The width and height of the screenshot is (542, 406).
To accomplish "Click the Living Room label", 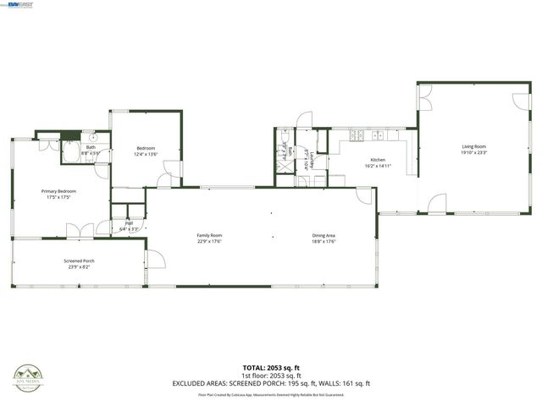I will tap(473, 146).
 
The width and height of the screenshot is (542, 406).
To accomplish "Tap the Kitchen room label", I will tap(378, 160).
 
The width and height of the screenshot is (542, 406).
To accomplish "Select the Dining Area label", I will tap(324, 236).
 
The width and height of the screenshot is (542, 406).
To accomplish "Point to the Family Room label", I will tap(209, 236).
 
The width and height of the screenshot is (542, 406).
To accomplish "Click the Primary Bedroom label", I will tap(59, 191).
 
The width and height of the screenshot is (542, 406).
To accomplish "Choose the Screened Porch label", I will tap(79, 261).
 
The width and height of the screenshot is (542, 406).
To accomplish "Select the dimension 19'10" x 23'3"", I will tap(473, 152).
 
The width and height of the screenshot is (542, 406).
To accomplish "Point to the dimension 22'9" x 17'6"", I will tap(209, 242).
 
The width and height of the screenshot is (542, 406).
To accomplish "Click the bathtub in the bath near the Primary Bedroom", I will tap(70, 153).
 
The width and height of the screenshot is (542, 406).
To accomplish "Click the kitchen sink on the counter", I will tap(378, 135).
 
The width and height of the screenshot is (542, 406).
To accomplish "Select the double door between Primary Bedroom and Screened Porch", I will tap(79, 231).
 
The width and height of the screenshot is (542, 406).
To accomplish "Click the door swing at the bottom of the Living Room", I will tap(436, 204).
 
